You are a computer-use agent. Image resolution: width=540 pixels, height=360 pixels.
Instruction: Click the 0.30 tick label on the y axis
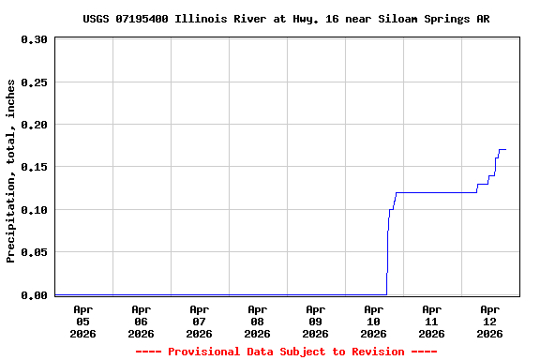34,39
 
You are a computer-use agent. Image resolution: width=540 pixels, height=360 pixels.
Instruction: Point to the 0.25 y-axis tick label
34,82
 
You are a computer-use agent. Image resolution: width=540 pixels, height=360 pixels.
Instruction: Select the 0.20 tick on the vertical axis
34,125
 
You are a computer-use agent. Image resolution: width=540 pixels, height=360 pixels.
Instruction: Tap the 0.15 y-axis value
34,167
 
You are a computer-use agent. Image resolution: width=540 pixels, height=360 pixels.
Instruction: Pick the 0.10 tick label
34,210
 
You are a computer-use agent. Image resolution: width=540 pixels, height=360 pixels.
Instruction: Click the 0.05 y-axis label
34,252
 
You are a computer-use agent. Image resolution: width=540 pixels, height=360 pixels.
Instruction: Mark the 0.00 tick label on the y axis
34,295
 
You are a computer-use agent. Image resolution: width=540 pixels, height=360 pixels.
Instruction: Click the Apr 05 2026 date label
82,321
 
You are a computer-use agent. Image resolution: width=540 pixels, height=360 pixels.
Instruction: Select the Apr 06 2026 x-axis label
141,321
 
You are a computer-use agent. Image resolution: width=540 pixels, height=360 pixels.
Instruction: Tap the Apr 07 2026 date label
199,321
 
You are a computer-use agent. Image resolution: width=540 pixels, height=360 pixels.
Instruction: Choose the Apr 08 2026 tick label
257,321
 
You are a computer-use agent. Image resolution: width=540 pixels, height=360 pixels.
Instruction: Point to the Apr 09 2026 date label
315,321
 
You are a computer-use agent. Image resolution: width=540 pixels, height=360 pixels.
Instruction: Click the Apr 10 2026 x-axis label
373,321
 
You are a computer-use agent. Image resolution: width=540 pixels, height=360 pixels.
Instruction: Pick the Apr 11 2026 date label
431,321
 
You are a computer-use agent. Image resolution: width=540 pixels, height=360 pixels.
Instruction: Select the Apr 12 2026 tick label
489,321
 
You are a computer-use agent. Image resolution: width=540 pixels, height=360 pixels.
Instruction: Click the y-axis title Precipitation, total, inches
11,171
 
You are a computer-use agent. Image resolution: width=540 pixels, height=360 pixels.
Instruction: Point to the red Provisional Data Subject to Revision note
286,352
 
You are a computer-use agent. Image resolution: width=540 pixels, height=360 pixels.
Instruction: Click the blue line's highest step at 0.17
502,149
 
